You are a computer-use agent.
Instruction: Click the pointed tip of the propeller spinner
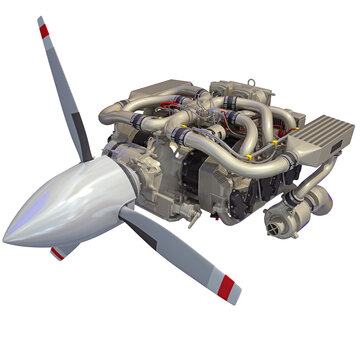point(5,239)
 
